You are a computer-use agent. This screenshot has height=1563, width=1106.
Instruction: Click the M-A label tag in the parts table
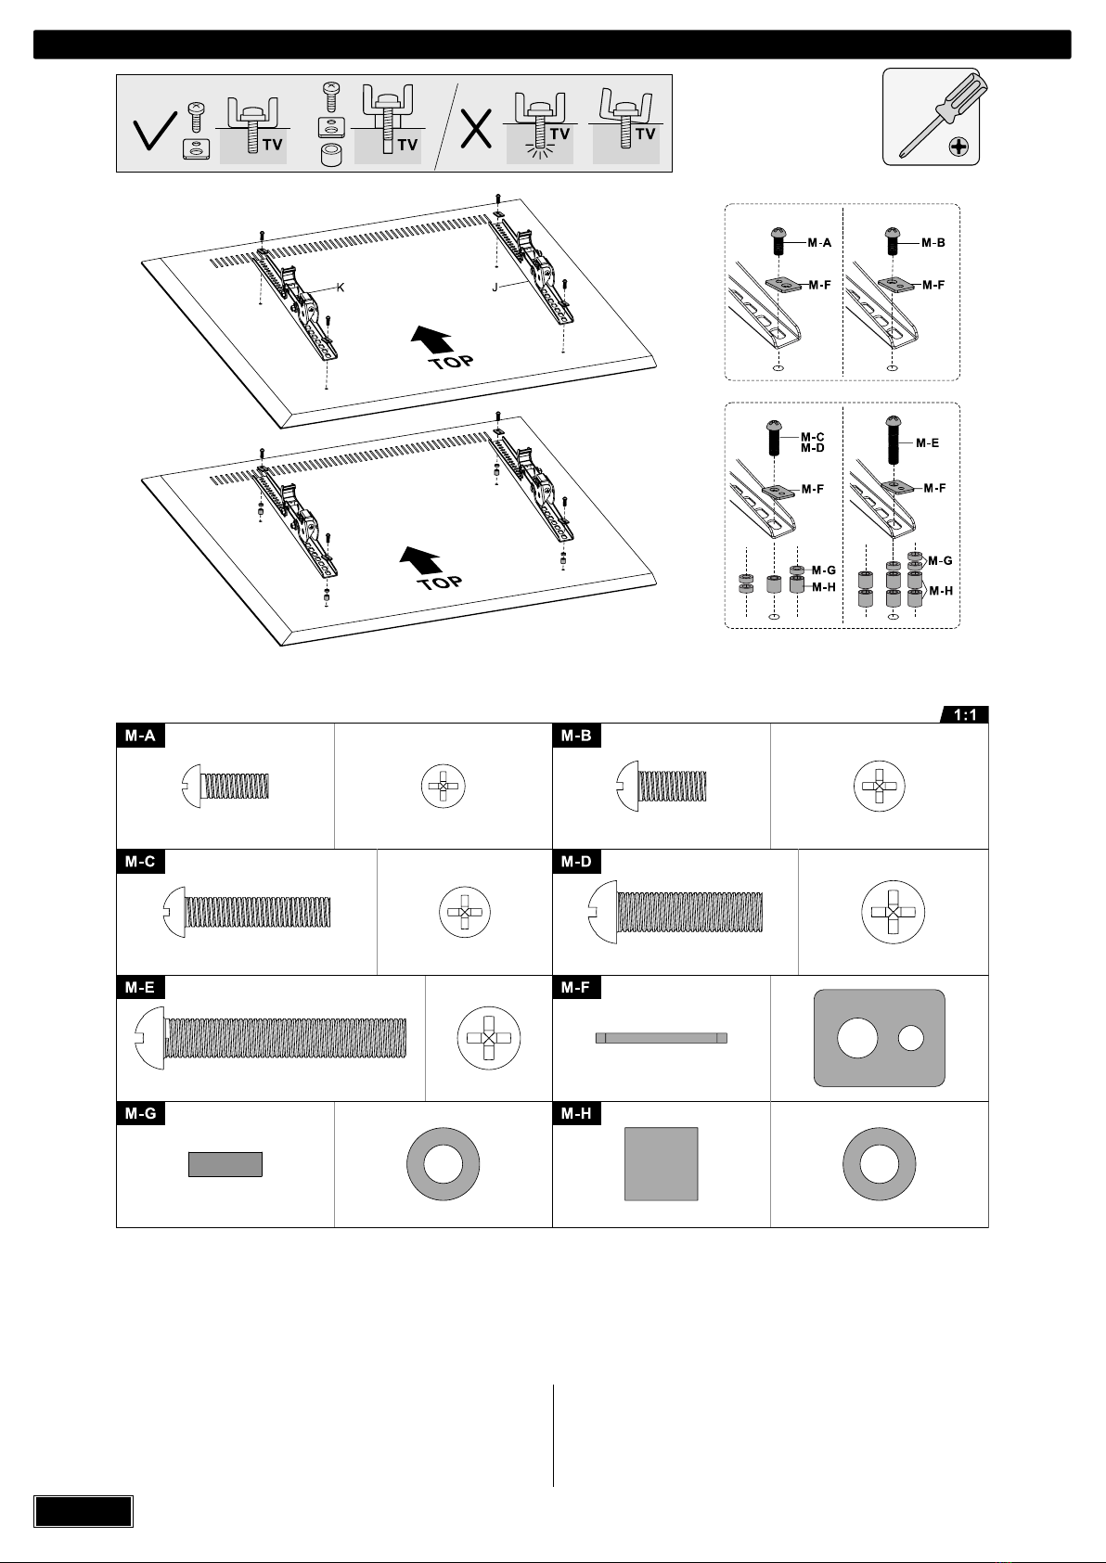coord(140,736)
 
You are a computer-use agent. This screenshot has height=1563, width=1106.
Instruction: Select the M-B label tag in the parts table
coord(576,736)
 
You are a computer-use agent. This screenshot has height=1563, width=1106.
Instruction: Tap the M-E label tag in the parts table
coord(140,988)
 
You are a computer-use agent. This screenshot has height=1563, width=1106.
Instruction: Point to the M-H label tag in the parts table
coord(576,1114)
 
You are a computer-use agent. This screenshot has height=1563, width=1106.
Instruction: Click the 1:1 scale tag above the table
coord(964,714)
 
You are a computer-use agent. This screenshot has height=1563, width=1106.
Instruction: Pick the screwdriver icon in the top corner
coord(931,116)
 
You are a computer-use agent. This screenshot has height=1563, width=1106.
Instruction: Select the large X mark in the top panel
coord(478,130)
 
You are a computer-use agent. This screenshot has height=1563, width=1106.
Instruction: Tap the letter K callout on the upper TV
coord(341,288)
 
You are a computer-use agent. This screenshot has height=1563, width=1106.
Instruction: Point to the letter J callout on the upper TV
coord(495,288)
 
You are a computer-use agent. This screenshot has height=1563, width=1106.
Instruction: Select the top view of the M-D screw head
coord(893,912)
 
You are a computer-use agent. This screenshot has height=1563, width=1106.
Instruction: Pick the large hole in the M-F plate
coord(856,1038)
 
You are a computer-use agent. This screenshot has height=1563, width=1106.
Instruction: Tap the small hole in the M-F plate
coord(911,1038)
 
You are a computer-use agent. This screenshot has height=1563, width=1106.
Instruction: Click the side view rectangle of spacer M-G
coord(225,1164)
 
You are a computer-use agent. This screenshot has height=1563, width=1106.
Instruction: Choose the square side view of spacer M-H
coord(661,1164)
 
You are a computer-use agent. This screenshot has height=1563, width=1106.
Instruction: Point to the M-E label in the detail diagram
coord(927,443)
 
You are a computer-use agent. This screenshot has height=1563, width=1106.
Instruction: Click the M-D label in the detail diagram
coord(813,449)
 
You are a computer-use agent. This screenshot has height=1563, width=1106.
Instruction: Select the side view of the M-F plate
coord(661,1038)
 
